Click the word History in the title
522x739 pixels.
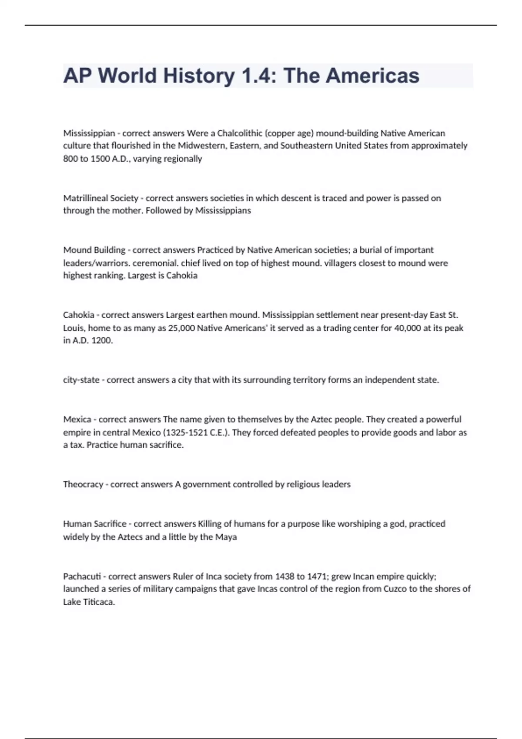point(199,76)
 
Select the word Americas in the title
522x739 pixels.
point(372,76)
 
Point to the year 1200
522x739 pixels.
point(102,341)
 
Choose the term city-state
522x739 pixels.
point(81,380)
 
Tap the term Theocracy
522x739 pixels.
point(83,484)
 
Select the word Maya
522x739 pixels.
point(226,537)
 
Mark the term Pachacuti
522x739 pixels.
point(82,576)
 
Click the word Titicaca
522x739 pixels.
point(99,602)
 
